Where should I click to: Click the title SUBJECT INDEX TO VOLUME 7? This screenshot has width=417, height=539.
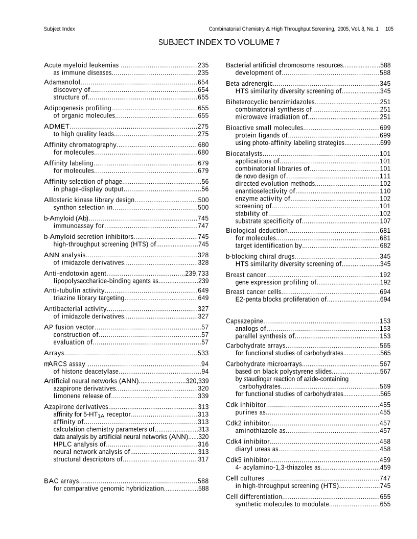pos(219,42)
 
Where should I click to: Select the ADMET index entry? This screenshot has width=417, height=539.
pos(57,126)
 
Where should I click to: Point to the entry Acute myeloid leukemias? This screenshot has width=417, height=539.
pos(82,65)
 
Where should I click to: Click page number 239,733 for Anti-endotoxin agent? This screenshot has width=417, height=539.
pos(197,274)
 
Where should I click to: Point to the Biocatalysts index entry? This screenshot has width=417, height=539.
pos(244,154)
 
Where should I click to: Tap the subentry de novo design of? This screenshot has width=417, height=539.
pos(258,176)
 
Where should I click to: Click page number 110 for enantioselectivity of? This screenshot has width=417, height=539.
pos(385,191)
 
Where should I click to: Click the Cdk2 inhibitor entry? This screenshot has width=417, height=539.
pos(247,423)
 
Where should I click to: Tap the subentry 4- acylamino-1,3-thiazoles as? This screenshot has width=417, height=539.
pos(277,467)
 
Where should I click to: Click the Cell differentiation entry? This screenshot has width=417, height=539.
pos(253,497)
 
